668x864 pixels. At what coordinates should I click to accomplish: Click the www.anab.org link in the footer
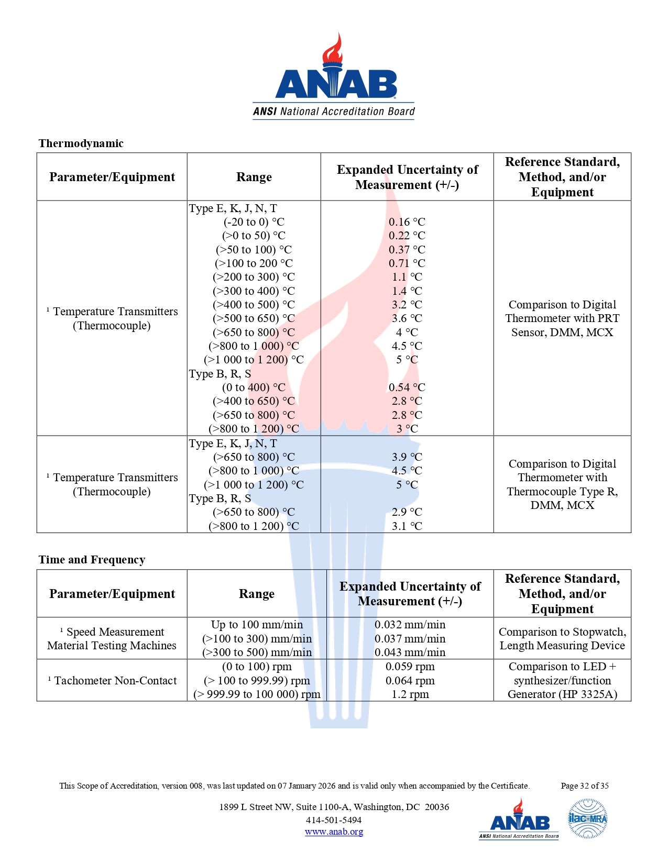(334, 832)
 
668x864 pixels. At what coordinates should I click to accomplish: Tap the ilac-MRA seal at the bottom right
(588, 818)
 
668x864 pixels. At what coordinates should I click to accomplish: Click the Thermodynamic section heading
(81, 143)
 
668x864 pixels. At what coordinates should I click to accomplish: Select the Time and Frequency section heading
(92, 560)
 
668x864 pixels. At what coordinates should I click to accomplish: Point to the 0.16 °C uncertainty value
(407, 222)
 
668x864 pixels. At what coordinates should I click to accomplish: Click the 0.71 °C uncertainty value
(407, 263)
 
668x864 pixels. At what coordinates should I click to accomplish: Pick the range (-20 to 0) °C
(254, 222)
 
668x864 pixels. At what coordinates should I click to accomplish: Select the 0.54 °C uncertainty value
(407, 387)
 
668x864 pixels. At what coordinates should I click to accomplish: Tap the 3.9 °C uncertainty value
(407, 457)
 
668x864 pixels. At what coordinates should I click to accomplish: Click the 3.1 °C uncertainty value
(407, 526)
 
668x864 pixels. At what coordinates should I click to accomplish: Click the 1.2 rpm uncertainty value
(410, 694)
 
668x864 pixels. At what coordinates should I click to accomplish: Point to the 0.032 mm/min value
(410, 625)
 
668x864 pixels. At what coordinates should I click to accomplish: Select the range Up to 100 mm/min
(257, 625)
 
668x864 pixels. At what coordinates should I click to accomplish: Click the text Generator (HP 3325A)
(562, 694)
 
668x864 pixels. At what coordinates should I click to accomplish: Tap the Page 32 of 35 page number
(584, 786)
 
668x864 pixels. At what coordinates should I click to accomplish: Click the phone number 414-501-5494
(334, 820)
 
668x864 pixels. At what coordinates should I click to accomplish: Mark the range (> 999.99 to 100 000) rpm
(257, 694)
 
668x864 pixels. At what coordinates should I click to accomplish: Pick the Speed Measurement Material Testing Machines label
(112, 639)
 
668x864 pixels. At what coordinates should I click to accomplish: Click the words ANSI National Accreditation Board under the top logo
(334, 112)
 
